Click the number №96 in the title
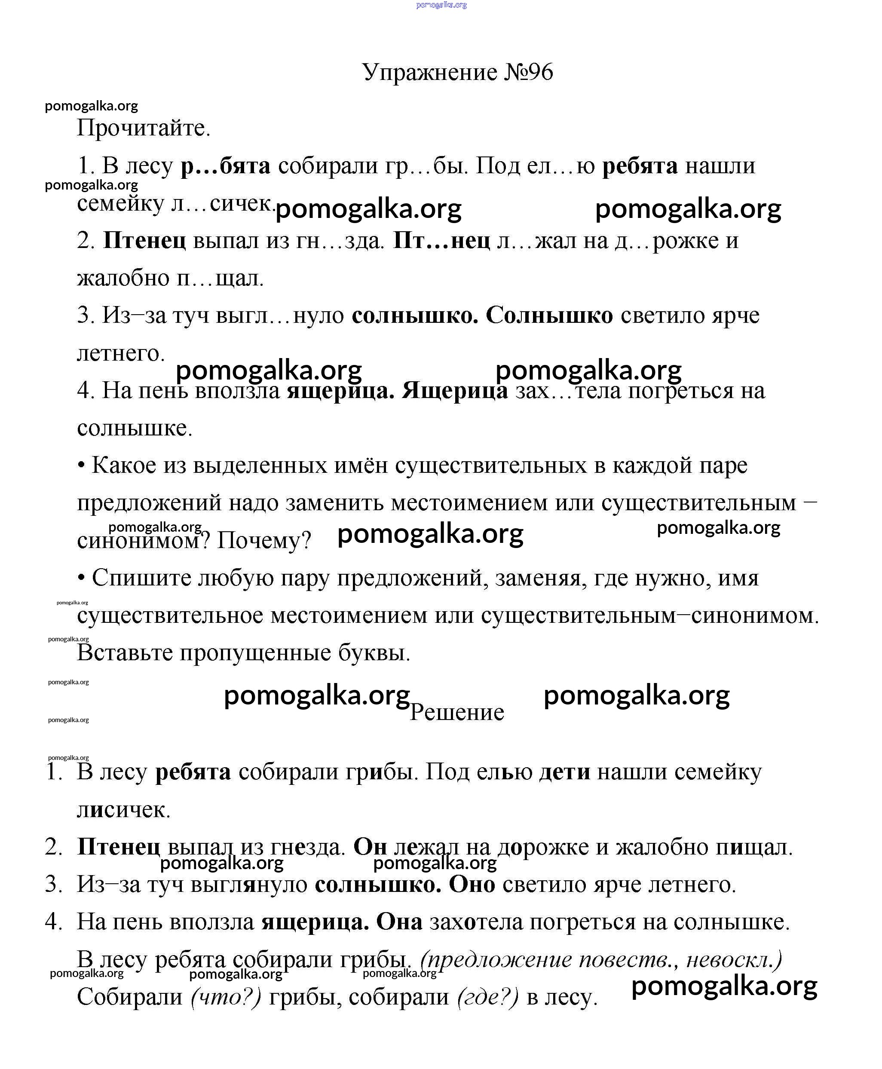pyautogui.click(x=528, y=72)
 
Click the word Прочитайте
pyautogui.click(x=143, y=128)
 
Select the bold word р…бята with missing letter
pyautogui.click(x=226, y=166)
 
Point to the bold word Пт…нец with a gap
pyautogui.click(x=441, y=240)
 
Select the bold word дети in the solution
pyautogui.click(x=564, y=772)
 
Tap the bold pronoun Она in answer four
pyautogui.click(x=399, y=922)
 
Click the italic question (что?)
pyautogui.click(x=226, y=997)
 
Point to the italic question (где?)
pyautogui.click(x=488, y=997)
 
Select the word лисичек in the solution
pyautogui.click(x=123, y=809)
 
